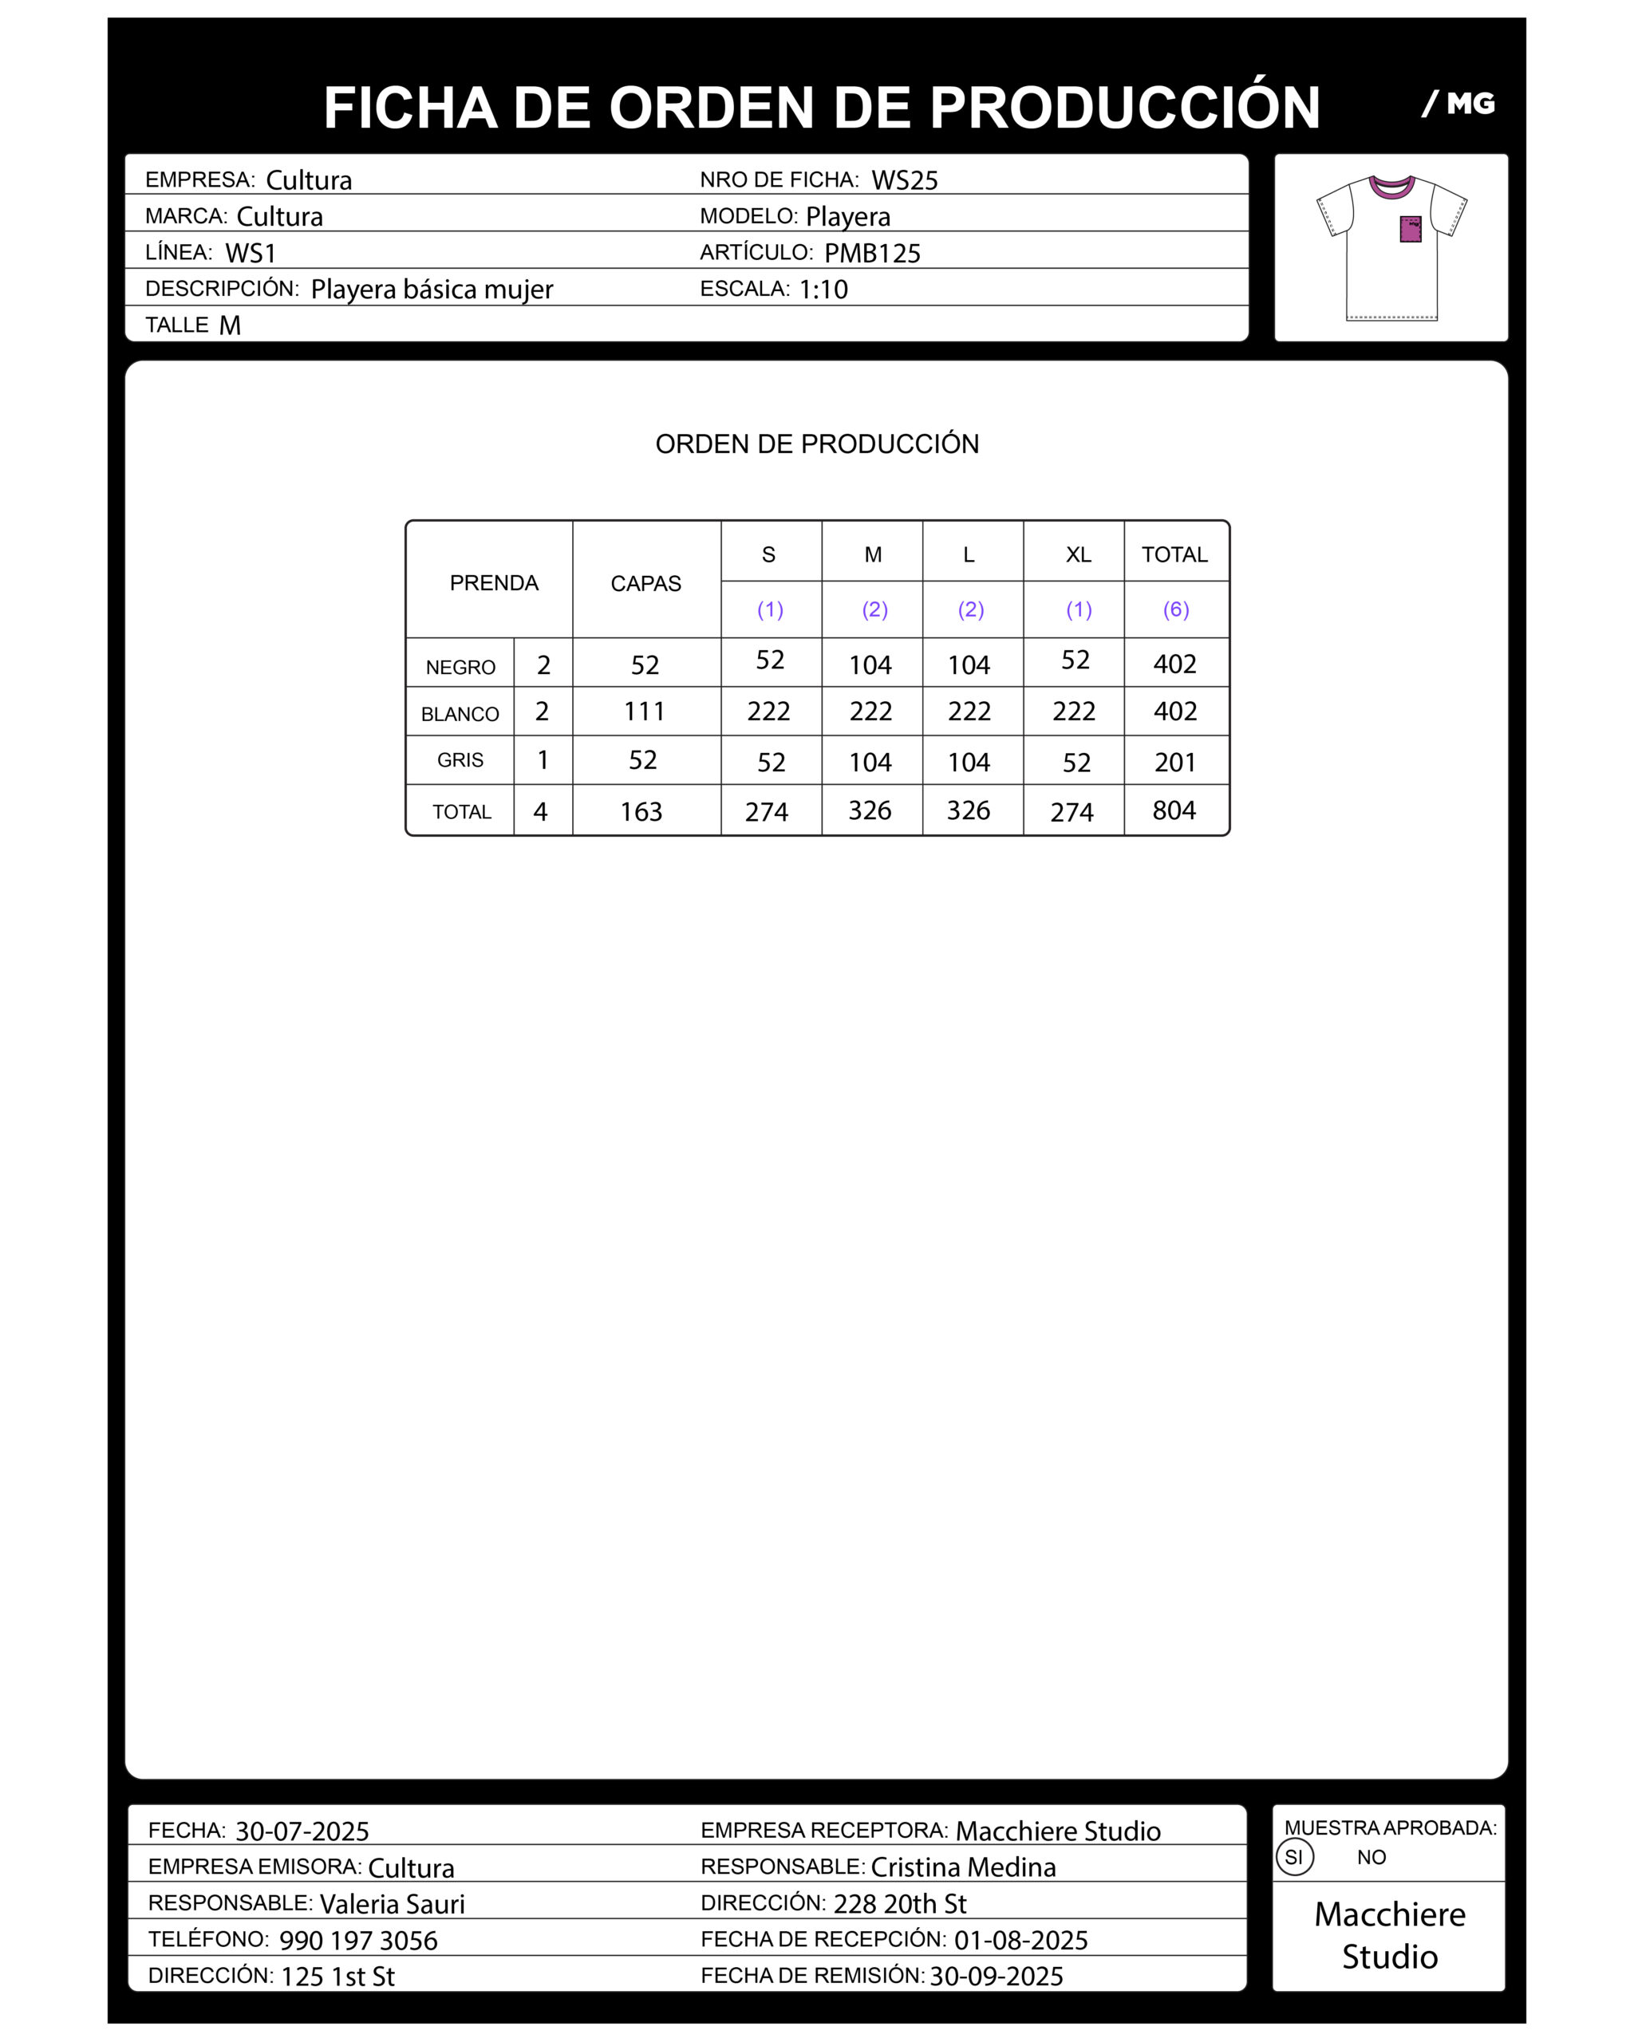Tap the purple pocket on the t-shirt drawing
tap(1411, 229)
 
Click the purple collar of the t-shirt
tap(1391, 187)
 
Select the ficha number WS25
tap(905, 180)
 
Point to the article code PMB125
tap(871, 253)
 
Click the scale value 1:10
tap(823, 289)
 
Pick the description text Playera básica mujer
tap(431, 289)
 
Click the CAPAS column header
tap(645, 583)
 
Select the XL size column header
tap(1078, 555)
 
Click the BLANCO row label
tap(460, 714)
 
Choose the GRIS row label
tap(460, 759)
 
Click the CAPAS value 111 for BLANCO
tap(644, 712)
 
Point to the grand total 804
tap(1174, 810)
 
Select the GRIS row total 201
tap(1174, 763)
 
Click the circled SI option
tap(1294, 1857)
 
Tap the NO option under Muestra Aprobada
tap(1371, 1857)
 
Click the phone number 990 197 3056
tap(358, 1941)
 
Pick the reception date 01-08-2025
tap(1020, 1941)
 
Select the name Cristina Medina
tap(962, 1867)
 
